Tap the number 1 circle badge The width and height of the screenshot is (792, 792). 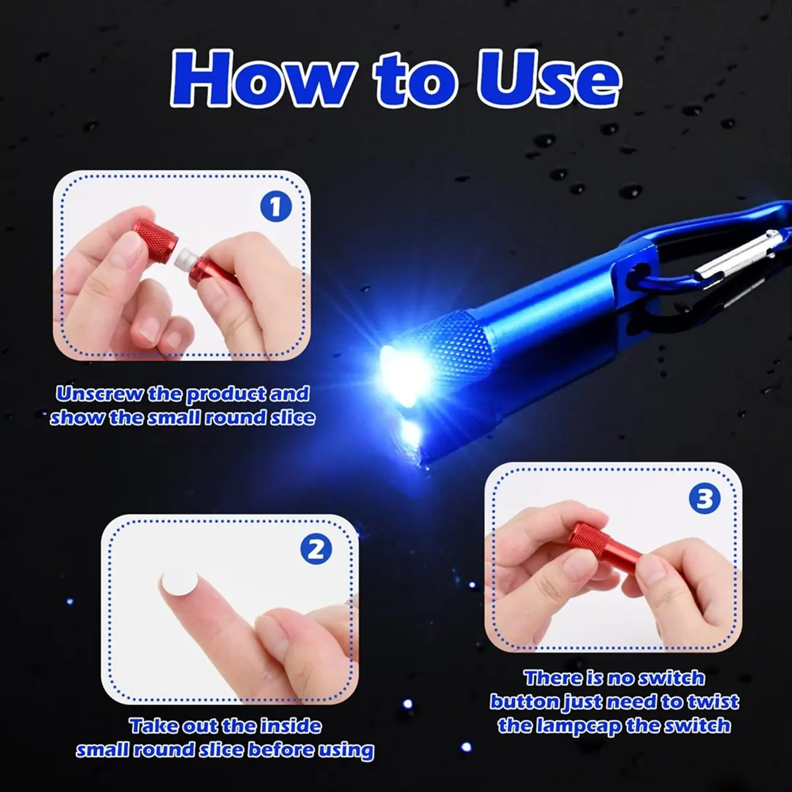point(276,207)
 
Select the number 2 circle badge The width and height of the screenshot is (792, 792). point(316,549)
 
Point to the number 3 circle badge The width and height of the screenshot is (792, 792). point(705,500)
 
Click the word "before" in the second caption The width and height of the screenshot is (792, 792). point(282,750)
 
